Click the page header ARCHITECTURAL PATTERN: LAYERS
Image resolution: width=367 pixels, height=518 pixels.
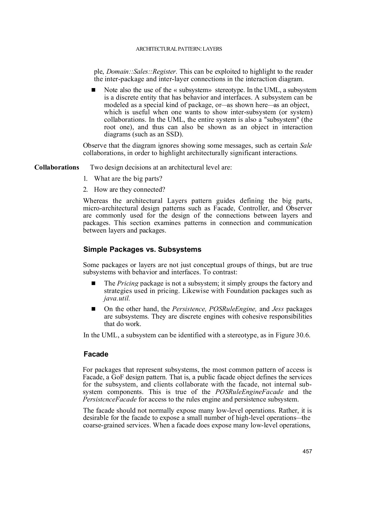179,49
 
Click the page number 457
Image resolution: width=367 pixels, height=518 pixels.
307,452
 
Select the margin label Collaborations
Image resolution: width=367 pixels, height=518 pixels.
57,167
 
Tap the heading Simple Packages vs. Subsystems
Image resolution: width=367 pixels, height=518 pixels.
142,250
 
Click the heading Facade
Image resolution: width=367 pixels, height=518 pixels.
96,354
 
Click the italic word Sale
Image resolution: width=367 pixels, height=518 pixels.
306,146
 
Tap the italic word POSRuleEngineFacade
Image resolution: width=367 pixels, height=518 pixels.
249,392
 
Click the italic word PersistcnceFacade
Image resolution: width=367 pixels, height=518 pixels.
110,399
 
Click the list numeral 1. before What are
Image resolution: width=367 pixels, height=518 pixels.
85,179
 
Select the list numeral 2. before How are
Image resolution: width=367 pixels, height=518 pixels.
85,190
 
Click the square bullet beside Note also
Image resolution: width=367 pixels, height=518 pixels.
93,90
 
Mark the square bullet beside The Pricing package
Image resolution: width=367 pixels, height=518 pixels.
93,283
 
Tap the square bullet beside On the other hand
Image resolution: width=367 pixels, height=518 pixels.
93,309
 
